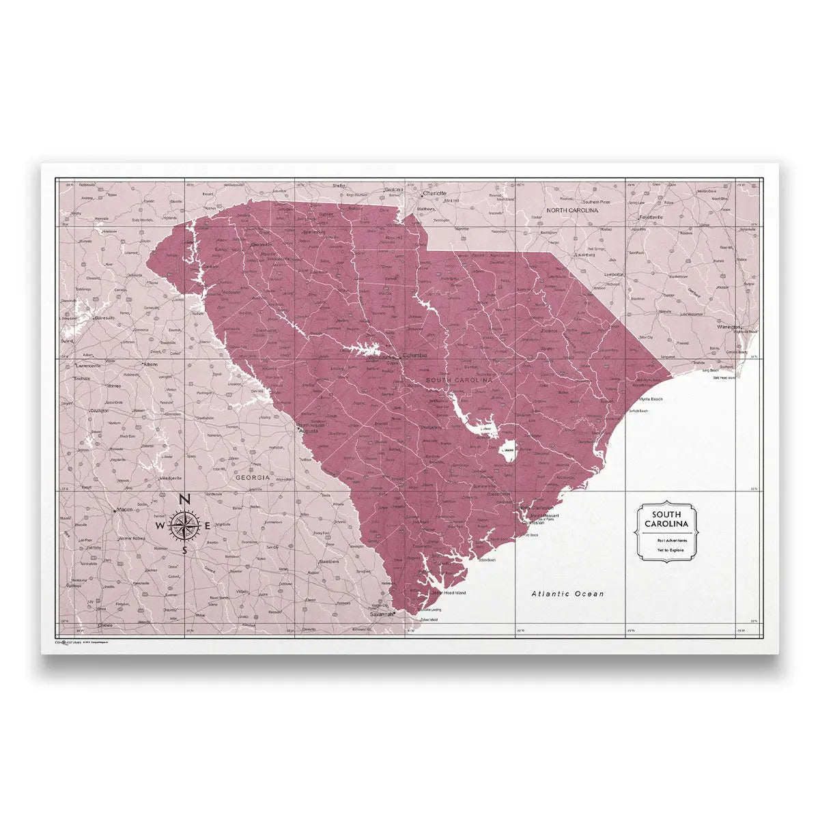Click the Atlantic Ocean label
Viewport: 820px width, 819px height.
tap(567, 594)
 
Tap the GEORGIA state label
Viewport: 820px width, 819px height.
tap(253, 478)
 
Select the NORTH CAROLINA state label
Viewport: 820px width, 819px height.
tap(571, 211)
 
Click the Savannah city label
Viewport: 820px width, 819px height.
tap(382, 614)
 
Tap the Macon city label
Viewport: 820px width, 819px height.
tap(124, 509)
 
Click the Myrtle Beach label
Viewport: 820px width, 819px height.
tap(650, 399)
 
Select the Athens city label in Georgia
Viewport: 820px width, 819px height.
tap(149, 364)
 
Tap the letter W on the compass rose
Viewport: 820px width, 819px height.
tap(159, 526)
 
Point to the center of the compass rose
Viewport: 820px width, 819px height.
tap(184, 526)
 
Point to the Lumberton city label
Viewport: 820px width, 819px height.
tap(614, 274)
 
